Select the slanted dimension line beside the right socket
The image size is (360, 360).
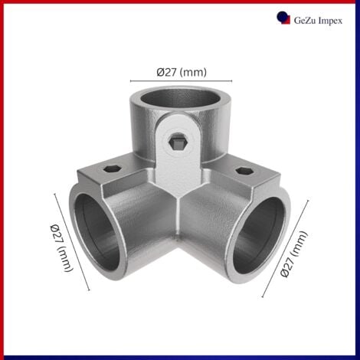[285, 249]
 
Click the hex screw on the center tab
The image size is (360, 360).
[178, 143]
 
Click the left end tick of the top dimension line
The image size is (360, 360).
[129, 80]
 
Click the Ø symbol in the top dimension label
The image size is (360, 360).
[160, 72]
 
